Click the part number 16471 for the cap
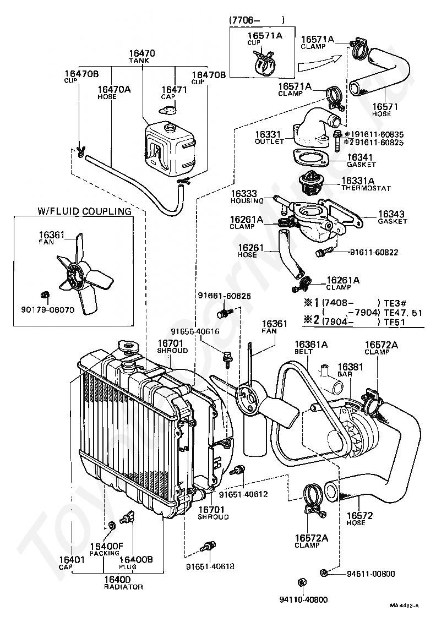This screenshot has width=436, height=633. (174, 90)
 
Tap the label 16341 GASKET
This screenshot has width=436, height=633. (361, 160)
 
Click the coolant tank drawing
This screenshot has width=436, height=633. (171, 149)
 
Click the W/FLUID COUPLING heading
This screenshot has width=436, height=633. (84, 211)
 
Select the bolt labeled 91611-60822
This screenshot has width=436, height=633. (324, 253)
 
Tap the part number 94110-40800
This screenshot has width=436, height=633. (303, 599)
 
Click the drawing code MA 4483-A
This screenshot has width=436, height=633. (404, 617)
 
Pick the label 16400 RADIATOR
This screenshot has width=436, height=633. (123, 583)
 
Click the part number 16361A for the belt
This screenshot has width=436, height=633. (311, 345)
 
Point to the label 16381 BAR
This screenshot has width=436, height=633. (350, 369)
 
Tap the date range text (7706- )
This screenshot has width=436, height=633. (257, 20)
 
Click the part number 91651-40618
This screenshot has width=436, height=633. (210, 566)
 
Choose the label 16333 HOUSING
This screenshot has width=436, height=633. (247, 197)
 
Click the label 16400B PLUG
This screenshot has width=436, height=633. (136, 563)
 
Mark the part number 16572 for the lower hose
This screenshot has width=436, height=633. (359, 516)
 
